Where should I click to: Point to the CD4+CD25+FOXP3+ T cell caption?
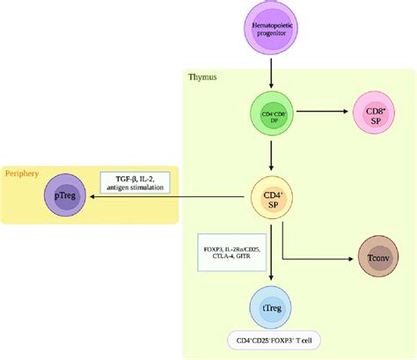coord(271,342)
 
